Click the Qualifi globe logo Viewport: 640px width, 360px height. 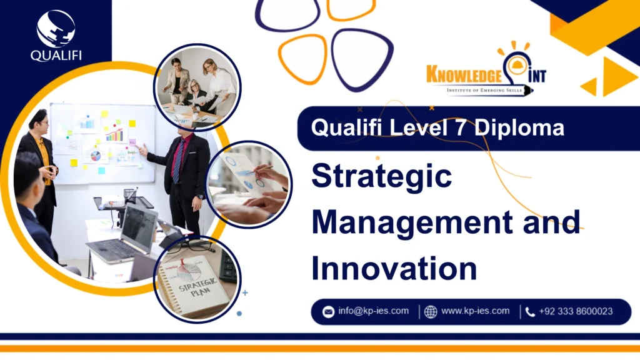[x=56, y=28]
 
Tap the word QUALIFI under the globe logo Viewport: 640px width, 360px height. [x=56, y=55]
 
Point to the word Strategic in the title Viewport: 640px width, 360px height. [x=381, y=177]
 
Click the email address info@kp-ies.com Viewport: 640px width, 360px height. [x=374, y=311]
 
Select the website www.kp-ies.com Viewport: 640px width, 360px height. [x=475, y=311]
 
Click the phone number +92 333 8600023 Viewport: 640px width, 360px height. [x=576, y=311]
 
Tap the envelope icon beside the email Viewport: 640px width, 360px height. [x=328, y=311]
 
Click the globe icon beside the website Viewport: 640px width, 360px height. [x=431, y=311]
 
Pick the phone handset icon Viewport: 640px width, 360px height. [x=530, y=311]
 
